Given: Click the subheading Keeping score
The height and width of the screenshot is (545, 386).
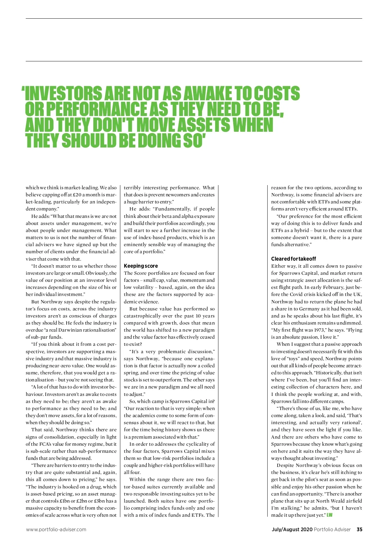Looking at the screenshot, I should point(141,266).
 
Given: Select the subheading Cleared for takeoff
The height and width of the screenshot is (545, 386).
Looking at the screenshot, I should point(293,259).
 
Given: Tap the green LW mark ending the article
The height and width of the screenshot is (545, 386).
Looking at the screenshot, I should point(329,515).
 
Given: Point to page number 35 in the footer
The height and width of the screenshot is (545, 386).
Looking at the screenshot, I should point(359,530).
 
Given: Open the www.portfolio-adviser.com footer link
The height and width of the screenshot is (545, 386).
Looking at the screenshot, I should point(56,530).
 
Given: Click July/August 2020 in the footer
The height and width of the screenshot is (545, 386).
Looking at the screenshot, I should point(292,530).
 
